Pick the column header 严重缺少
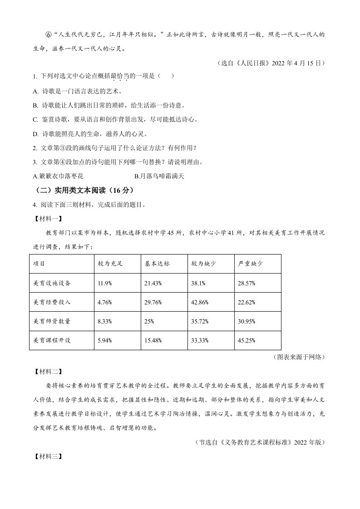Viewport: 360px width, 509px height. [251, 264]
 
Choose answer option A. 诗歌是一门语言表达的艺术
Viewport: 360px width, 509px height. [77, 91]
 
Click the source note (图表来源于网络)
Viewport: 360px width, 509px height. [299, 357]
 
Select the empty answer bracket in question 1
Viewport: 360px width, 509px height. [166, 76]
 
